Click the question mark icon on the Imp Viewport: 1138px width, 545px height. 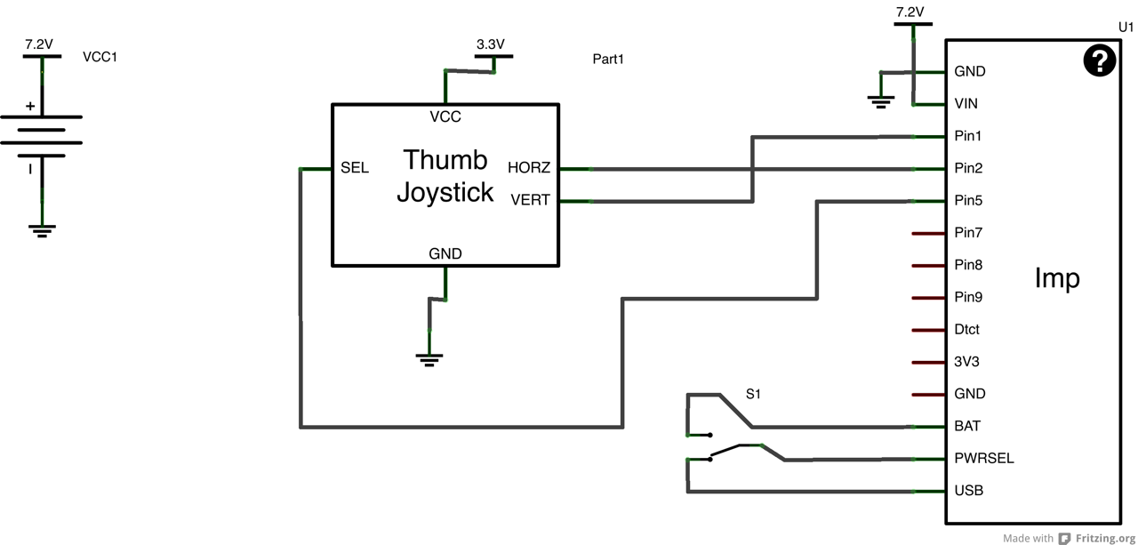pos(1100,60)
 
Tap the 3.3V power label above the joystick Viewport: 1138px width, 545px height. pos(491,44)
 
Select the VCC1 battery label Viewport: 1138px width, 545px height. pos(100,57)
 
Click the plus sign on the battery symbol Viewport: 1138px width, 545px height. pos(30,107)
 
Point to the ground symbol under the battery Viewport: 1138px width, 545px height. pos(42,231)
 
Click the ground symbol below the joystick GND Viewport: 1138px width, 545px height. pos(429,360)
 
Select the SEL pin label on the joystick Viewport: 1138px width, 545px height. pos(355,168)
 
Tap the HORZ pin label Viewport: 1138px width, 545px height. pos(529,168)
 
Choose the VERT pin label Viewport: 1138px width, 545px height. pos(530,200)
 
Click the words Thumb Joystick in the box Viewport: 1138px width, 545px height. pos(445,176)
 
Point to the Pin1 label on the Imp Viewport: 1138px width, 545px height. pos(968,136)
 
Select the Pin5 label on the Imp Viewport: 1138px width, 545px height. pos(968,201)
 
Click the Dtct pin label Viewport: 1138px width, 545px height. pos(966,330)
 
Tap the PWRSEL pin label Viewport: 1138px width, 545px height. pos(984,459)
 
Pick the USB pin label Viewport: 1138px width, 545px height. pos(968,491)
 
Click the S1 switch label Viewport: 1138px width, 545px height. pos(753,394)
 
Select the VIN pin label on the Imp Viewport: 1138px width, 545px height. pos(966,104)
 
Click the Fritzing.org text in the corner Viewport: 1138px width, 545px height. pos(1105,538)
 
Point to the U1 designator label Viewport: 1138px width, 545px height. pos(1126,28)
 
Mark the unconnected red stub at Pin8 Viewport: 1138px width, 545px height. pos(928,266)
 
